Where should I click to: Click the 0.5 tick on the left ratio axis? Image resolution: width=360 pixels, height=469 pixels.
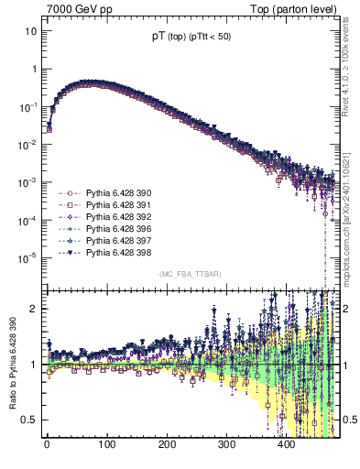click(x=30, y=420)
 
